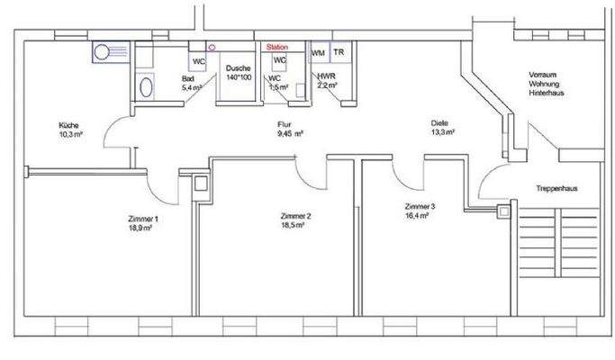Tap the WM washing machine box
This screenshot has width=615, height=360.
318,54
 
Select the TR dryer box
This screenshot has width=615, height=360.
339,54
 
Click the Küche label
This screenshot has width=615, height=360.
69,125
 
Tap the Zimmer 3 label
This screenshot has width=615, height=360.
420,207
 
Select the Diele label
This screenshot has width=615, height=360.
439,123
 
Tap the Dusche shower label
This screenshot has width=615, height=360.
238,69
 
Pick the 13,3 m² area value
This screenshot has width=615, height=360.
442,132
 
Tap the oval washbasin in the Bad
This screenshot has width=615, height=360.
147,86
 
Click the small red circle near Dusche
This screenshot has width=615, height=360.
212,46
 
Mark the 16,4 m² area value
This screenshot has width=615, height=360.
421,216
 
